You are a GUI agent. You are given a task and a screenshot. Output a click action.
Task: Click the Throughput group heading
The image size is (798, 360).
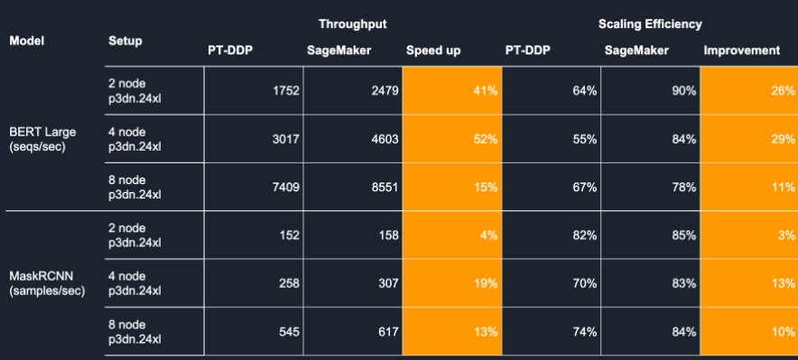(x=353, y=23)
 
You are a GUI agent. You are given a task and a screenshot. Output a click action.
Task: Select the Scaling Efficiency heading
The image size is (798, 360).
(x=650, y=23)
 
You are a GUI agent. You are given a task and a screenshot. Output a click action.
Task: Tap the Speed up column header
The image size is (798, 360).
(x=433, y=51)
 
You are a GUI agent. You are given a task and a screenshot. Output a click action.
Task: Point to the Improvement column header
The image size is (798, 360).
(x=741, y=51)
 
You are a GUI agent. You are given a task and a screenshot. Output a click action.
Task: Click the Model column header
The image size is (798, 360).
(x=27, y=41)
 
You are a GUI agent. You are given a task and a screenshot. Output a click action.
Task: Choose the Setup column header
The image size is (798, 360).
(x=125, y=41)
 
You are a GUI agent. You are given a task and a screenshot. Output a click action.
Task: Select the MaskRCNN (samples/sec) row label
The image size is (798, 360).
(x=47, y=283)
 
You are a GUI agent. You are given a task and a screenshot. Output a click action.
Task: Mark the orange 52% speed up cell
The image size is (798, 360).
(x=452, y=139)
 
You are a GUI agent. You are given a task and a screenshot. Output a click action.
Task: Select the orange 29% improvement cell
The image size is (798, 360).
(x=749, y=139)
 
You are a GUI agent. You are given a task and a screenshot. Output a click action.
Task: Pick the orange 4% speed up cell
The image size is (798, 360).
(x=452, y=235)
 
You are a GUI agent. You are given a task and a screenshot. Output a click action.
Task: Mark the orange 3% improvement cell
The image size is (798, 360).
(x=749, y=235)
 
